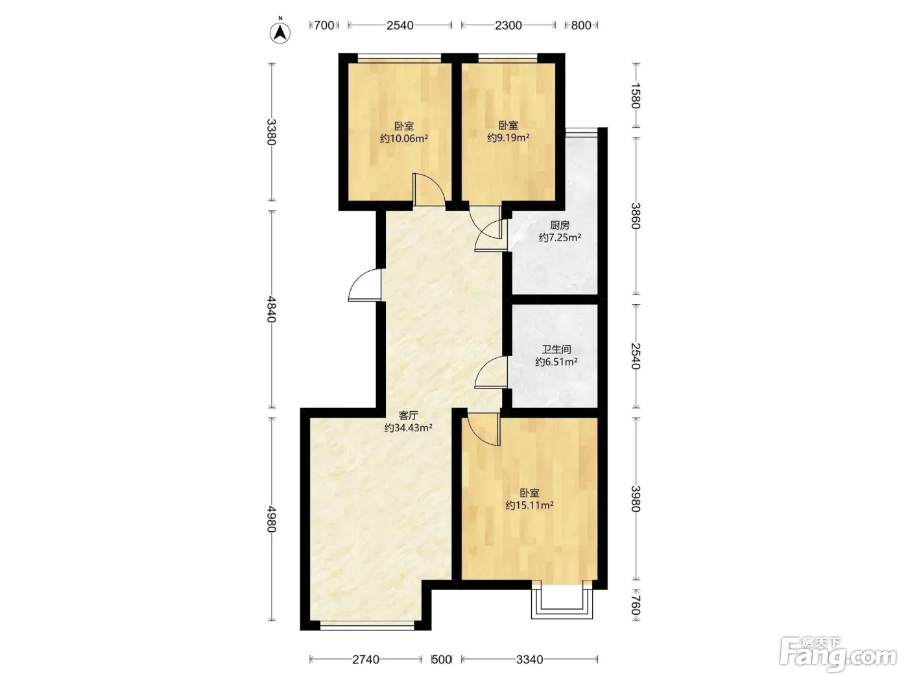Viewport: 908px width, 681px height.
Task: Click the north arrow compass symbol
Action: click(280, 31)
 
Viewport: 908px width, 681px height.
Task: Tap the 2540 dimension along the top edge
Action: click(400, 26)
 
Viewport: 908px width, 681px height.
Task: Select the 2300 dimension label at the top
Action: click(508, 26)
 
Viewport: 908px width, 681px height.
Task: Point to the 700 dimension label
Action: click(324, 26)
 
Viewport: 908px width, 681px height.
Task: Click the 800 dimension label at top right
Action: click(580, 26)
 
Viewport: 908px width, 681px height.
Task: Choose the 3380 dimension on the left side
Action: click(271, 132)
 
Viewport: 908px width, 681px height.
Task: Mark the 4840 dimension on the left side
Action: click(271, 309)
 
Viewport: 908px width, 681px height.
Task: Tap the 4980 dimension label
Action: click(271, 519)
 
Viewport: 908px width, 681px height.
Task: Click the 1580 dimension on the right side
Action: click(636, 95)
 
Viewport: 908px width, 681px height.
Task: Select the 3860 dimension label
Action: click(636, 216)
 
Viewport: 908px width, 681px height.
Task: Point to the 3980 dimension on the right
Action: click(636, 499)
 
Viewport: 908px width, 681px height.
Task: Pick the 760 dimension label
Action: click(636, 605)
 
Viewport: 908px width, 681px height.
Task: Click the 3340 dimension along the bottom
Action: click(529, 660)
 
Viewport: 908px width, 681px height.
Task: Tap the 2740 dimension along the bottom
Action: click(366, 660)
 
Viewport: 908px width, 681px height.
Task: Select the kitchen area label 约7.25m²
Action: click(560, 238)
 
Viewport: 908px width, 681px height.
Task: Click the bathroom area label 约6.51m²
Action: click(556, 362)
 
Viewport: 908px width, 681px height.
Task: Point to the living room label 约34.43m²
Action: click(409, 427)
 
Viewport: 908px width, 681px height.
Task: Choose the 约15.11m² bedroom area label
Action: click(529, 505)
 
